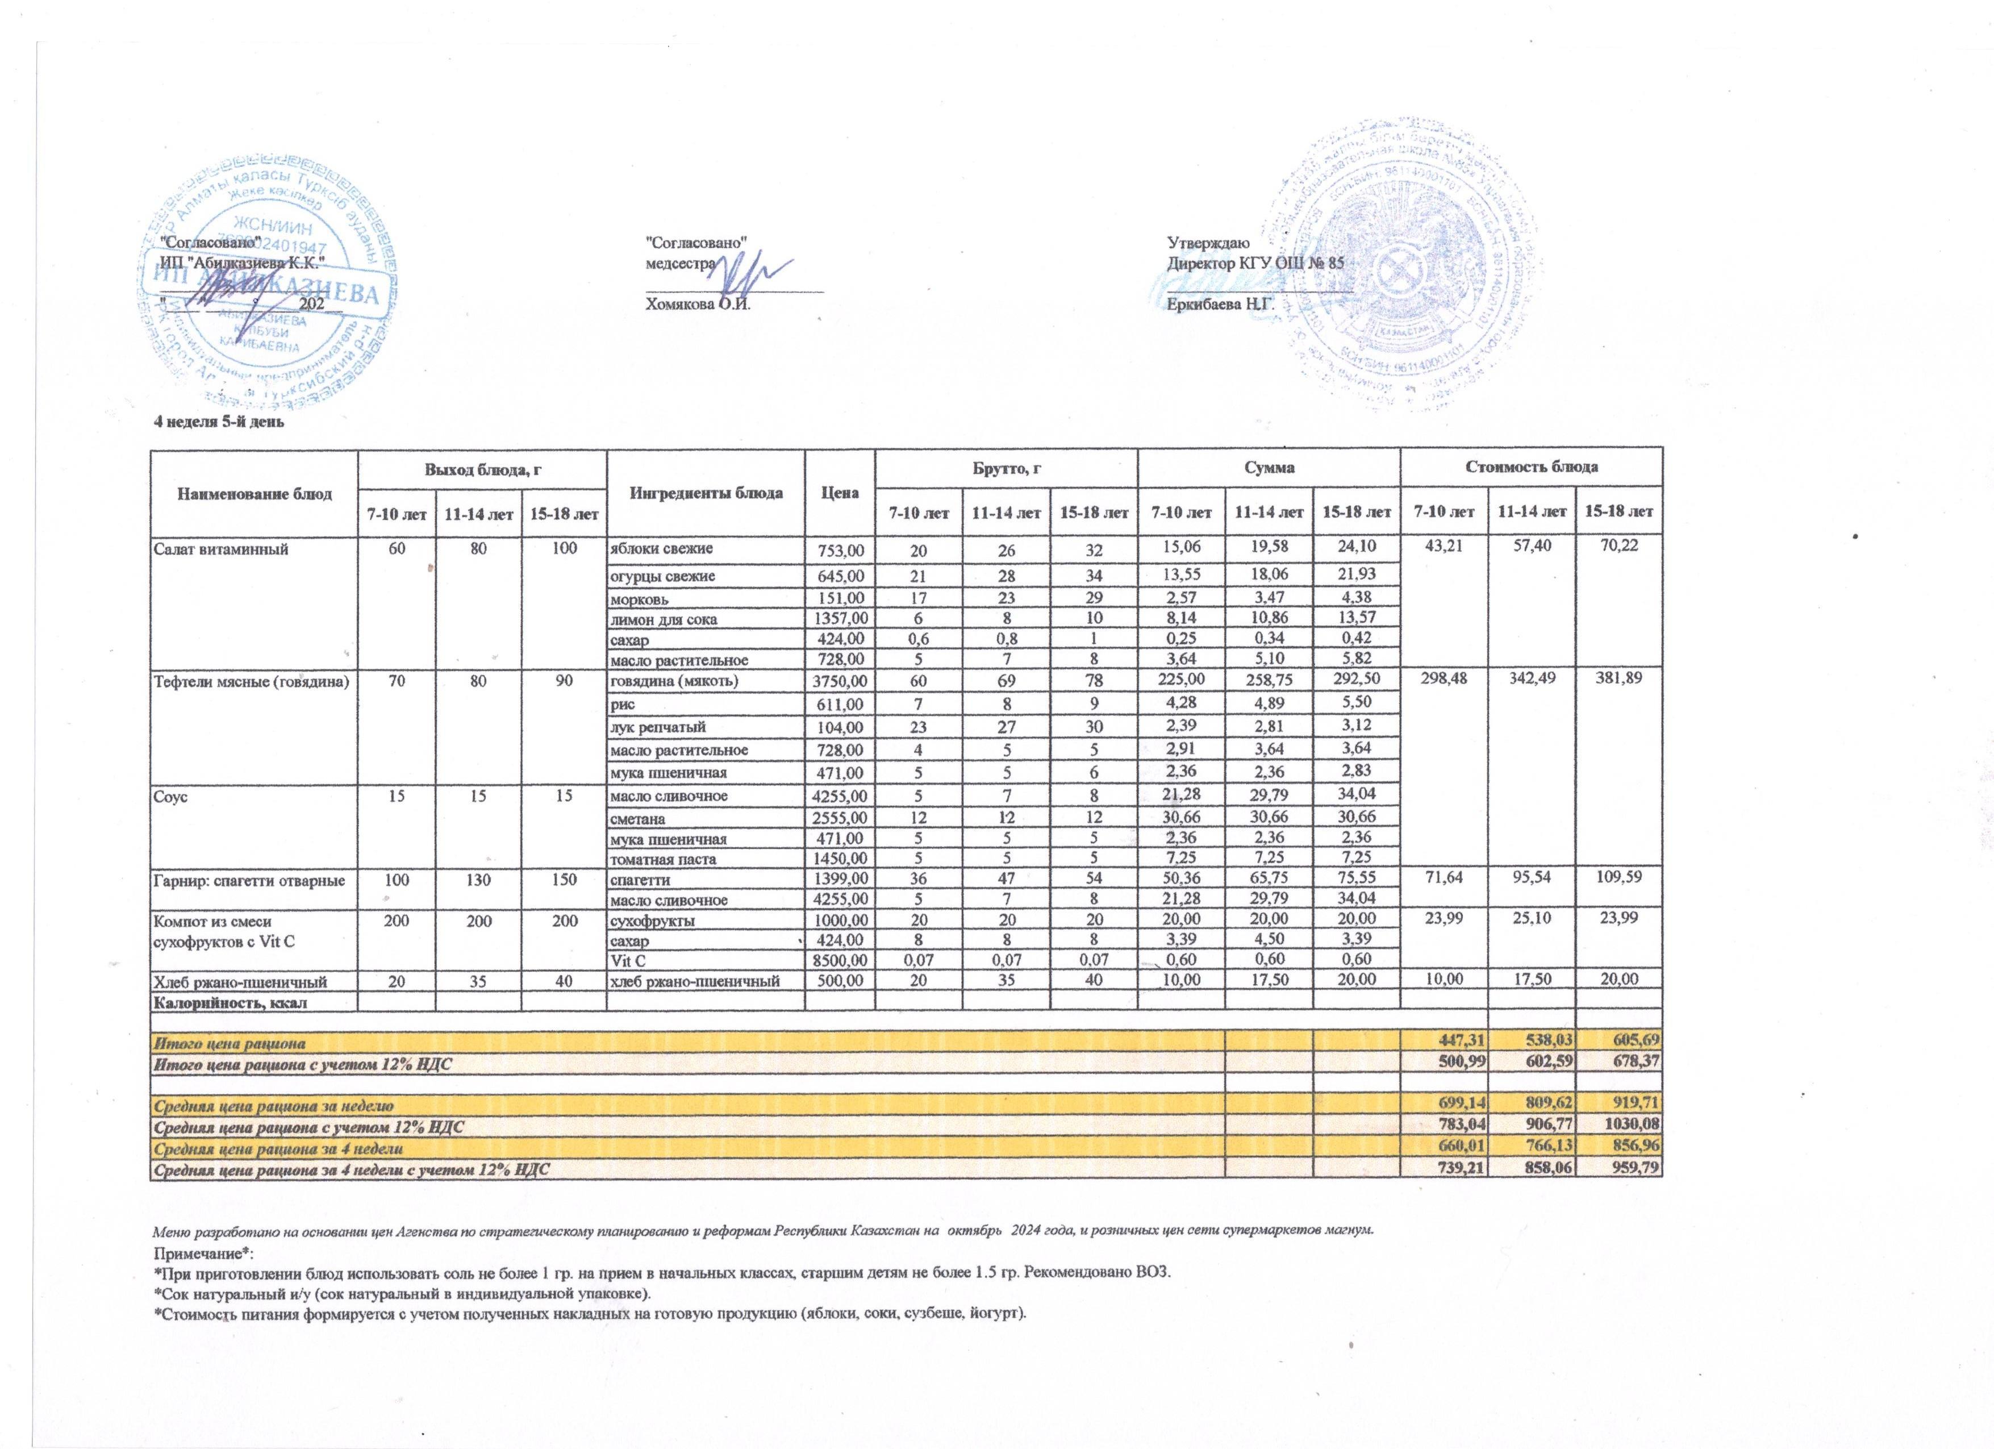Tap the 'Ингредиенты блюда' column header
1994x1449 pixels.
[706, 493]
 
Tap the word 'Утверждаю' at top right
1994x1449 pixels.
[1203, 241]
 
